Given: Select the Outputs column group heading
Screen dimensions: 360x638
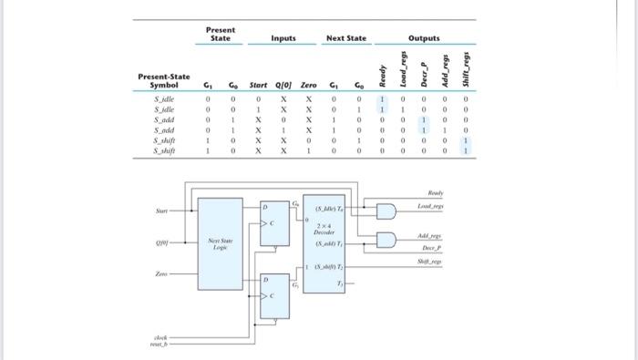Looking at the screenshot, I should pyautogui.click(x=423, y=38).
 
